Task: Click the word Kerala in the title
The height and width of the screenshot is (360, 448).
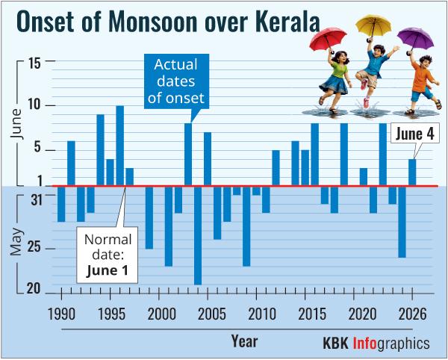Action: [285, 22]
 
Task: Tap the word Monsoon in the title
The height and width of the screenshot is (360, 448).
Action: [153, 22]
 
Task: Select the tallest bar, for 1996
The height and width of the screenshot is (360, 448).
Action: [120, 146]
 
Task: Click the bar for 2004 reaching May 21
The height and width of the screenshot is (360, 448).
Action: [198, 235]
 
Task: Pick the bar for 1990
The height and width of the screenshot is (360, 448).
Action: [61, 204]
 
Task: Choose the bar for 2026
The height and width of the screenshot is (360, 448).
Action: [412, 173]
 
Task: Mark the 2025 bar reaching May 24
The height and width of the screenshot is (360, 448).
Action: [402, 222]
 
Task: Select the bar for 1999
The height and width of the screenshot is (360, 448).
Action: [149, 217]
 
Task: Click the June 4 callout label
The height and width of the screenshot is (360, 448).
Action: [415, 134]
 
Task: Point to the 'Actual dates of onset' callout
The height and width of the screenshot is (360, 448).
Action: [176, 81]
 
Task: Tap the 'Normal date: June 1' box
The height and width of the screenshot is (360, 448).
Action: [107, 255]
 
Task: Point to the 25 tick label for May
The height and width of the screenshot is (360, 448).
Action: [34, 249]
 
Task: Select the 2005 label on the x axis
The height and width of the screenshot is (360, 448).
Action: [212, 314]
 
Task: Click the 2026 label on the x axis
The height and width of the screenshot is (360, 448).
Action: [412, 314]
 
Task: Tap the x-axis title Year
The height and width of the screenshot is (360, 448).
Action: [245, 341]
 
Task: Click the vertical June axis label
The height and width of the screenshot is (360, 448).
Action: [16, 123]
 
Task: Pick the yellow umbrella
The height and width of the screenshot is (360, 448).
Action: [373, 25]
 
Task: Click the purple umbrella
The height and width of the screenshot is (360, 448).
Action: [416, 39]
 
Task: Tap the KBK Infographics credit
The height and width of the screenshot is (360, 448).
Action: [376, 343]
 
